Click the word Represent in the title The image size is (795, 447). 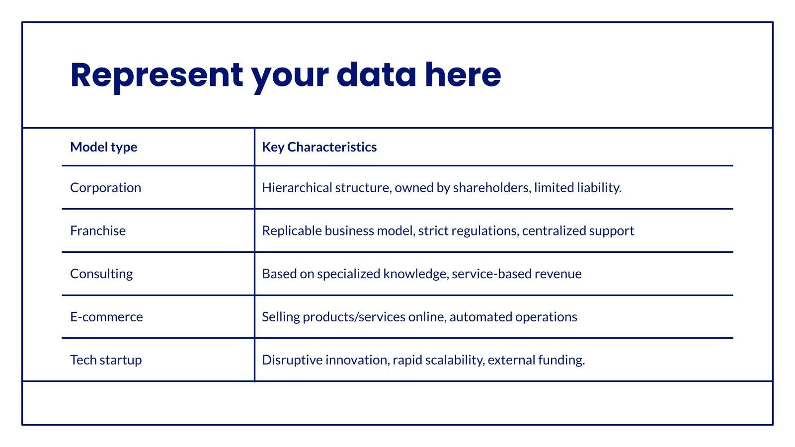pyautogui.click(x=157, y=75)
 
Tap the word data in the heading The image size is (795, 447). pyautogui.click(x=376, y=75)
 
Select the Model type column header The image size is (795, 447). pyautogui.click(x=103, y=147)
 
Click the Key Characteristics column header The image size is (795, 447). pyautogui.click(x=319, y=147)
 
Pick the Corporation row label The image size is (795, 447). pyautogui.click(x=105, y=188)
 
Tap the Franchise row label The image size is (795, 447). pyautogui.click(x=98, y=230)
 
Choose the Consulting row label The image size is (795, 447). pyautogui.click(x=101, y=274)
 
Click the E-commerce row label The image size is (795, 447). pyautogui.click(x=106, y=317)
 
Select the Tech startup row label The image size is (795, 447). pyautogui.click(x=106, y=360)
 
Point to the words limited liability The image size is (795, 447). pyautogui.click(x=577, y=188)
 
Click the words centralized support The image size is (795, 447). pyautogui.click(x=578, y=230)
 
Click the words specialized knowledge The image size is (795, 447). pyautogui.click(x=383, y=274)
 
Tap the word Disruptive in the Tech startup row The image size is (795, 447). pyautogui.click(x=292, y=360)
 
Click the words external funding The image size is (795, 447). pyautogui.click(x=536, y=360)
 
